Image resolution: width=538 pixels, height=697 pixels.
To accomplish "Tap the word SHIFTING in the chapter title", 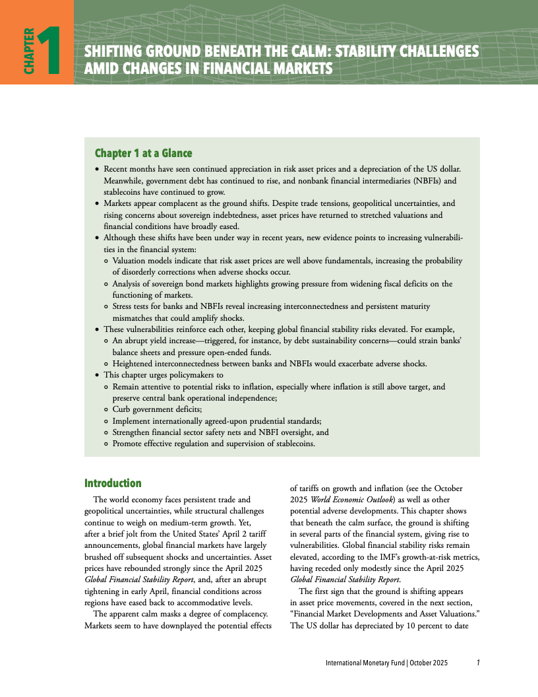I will [114, 51].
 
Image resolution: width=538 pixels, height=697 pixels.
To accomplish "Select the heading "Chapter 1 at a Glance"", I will [144, 153].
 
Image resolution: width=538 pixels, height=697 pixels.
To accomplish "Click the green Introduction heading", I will [113, 483].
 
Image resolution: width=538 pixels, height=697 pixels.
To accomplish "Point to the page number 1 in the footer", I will [478, 663].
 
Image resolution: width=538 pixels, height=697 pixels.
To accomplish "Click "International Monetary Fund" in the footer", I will [366, 663].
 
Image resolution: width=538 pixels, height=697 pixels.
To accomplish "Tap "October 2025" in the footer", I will [429, 663].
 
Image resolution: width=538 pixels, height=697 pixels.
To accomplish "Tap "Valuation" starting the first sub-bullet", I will [130, 261].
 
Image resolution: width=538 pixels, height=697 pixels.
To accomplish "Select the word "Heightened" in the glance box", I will [134, 363].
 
